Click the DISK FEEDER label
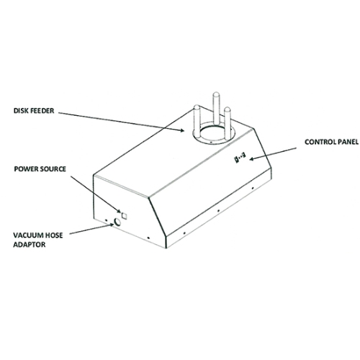click(34, 111)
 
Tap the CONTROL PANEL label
click(332, 142)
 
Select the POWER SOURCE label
click(40, 169)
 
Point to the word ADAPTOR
click(30, 245)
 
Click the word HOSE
click(52, 235)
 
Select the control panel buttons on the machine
click(240, 158)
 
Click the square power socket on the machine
click(125, 216)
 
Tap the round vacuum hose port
click(117, 222)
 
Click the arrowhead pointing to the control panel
click(252, 158)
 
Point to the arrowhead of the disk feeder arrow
click(181, 130)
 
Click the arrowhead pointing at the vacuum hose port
click(112, 225)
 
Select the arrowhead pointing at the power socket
click(119, 211)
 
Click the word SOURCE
click(53, 169)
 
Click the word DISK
click(20, 111)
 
